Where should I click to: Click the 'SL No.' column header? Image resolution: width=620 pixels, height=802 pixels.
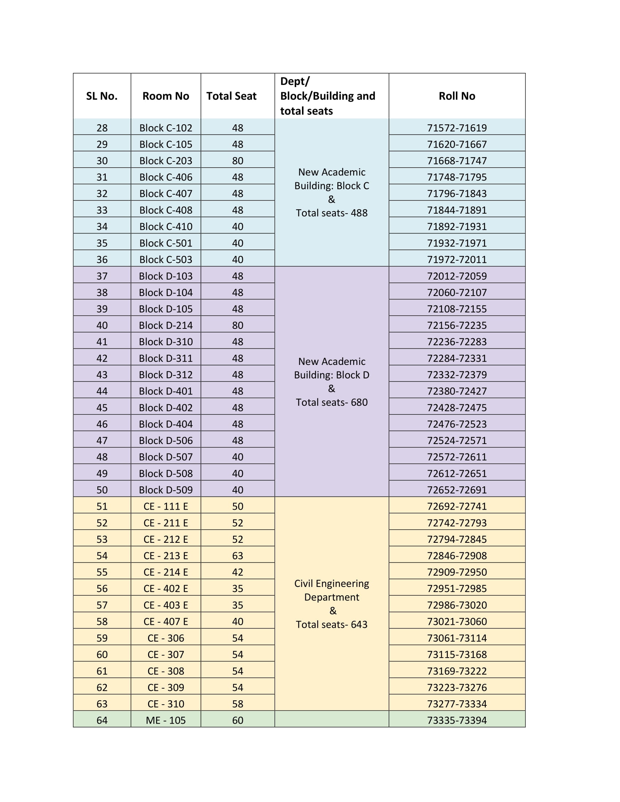point(102,96)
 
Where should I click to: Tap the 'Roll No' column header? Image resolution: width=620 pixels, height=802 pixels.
point(457,96)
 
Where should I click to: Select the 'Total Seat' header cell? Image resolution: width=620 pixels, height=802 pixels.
point(231,96)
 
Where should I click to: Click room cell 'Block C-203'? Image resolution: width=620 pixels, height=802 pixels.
point(166,161)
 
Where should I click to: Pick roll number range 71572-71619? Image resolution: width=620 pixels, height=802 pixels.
point(457,128)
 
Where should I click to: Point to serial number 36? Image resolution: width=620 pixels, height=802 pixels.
point(102,260)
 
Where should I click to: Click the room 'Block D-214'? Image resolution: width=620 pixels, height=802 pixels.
point(166,325)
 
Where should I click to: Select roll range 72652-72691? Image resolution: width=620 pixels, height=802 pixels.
point(457,490)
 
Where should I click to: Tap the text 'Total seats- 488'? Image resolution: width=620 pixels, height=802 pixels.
point(331,213)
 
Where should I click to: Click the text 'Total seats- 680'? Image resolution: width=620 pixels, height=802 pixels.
point(331,402)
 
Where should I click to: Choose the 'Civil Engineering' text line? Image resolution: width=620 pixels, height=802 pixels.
point(331,584)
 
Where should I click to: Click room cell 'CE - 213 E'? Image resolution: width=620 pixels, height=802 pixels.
point(166,556)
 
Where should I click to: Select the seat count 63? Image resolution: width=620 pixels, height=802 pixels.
point(237,556)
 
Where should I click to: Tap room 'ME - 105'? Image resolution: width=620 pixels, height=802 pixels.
point(166,720)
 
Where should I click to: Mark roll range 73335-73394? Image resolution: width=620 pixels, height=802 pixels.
point(457,720)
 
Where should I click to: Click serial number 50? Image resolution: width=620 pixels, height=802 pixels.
point(102,490)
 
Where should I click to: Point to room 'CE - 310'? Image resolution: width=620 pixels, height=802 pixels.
point(166,704)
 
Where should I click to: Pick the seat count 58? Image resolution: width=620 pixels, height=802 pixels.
point(237,704)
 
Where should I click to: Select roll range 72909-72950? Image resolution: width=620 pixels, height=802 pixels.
point(457,572)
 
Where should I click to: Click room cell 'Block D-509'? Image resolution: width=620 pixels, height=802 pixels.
point(166,490)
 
